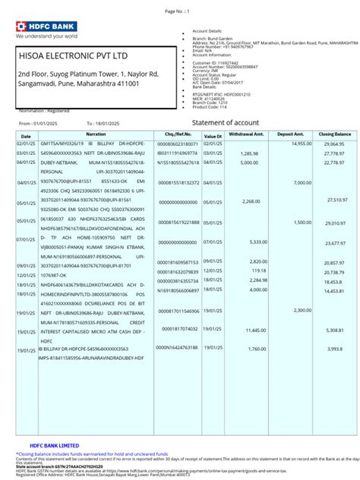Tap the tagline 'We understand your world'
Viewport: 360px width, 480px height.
pyautogui.click(x=46, y=35)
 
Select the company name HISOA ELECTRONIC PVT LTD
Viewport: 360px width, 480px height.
pyautogui.click(x=73, y=56)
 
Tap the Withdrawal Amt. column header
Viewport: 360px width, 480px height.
pyautogui.click(x=245, y=134)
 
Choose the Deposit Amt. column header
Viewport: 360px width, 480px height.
pyautogui.click(x=290, y=134)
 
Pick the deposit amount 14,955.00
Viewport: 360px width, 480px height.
pyautogui.click(x=301, y=144)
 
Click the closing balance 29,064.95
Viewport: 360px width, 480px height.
pyautogui.click(x=334, y=144)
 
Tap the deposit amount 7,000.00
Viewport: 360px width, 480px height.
pyautogui.click(x=302, y=182)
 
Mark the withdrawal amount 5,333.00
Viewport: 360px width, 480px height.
pyautogui.click(x=258, y=242)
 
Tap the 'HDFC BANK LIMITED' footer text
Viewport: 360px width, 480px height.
pyautogui.click(x=54, y=445)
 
